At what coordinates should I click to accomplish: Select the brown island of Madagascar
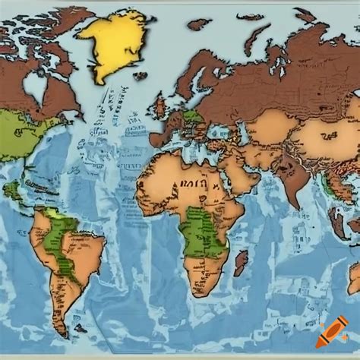241,263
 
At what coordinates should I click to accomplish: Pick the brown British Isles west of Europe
162,106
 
